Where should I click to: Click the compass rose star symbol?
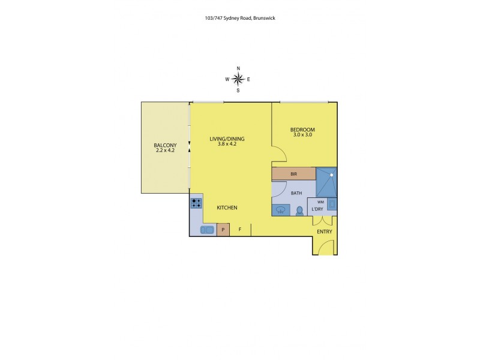coord(238,79)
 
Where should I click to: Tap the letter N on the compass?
coord(238,68)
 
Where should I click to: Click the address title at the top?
coord(239,18)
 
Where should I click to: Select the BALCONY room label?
coord(165,145)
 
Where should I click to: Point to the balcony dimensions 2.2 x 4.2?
coord(165,151)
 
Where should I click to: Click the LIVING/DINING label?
coord(227,139)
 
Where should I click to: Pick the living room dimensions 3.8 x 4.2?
coord(227,145)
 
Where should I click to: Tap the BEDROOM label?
coord(302,130)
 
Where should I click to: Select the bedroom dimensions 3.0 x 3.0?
coord(302,135)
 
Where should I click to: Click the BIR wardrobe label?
coord(293,174)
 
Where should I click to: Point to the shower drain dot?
coord(331,175)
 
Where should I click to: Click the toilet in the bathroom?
coord(299,211)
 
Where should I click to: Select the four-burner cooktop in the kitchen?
coord(196,203)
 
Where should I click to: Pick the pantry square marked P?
coord(223,230)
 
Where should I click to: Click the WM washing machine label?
coord(320,202)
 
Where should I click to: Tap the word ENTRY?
coord(324,232)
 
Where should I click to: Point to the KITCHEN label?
coord(227,208)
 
